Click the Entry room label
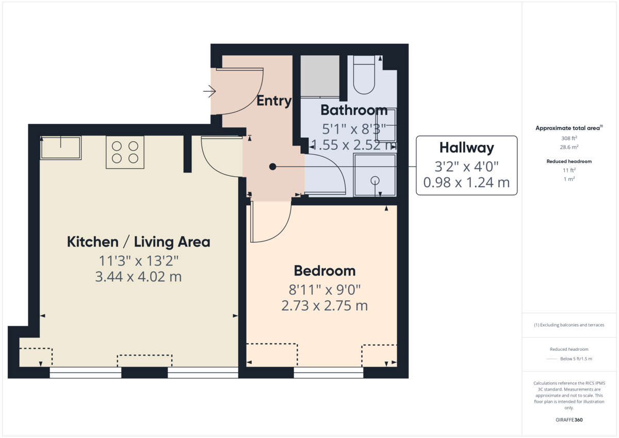tap(273, 101)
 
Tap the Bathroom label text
tap(354, 110)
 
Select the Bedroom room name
tap(324, 271)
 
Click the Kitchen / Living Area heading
tap(138, 242)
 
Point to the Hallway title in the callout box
tap(466, 148)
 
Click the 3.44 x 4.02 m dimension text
tap(138, 277)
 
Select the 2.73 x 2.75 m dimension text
tap(324, 306)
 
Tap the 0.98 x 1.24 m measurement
tap(466, 182)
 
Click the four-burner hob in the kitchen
tap(125, 152)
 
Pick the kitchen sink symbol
tap(61, 148)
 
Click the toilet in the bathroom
tap(364, 75)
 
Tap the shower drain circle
tap(375, 180)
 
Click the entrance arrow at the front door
tap(209, 92)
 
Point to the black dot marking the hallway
tap(273, 167)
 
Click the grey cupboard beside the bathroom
tap(320, 76)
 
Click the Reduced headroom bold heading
tap(569, 161)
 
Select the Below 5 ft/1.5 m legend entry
tap(576, 359)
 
